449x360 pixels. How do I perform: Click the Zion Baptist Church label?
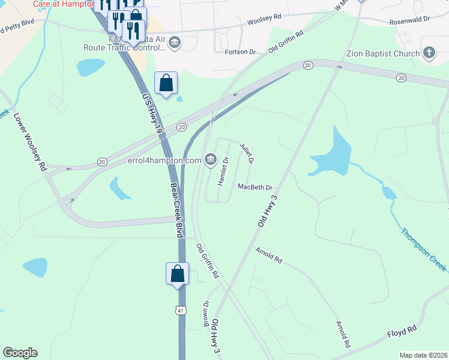[382, 53]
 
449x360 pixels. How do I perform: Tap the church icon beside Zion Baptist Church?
[429, 53]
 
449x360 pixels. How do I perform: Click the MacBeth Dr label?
[255, 187]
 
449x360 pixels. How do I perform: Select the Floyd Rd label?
[402, 330]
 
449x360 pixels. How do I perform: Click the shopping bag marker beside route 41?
[178, 274]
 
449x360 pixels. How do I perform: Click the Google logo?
[20, 353]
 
